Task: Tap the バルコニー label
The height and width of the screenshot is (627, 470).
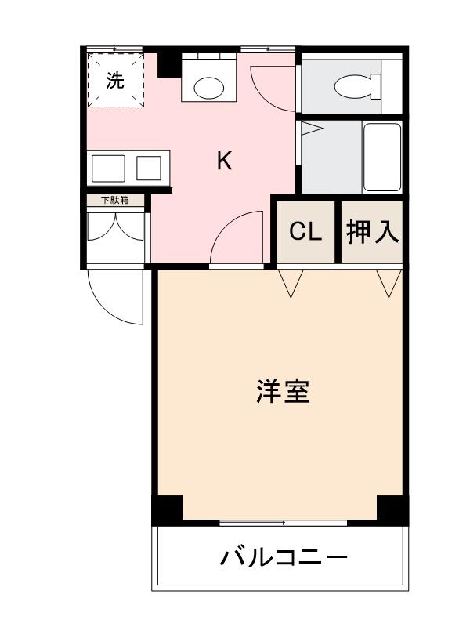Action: tap(283, 558)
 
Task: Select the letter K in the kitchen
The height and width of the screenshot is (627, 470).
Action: tap(224, 161)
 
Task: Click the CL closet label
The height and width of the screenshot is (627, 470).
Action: tap(305, 232)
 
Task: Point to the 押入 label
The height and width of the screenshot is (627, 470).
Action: tap(373, 232)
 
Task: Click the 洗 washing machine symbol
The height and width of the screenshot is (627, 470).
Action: tap(115, 80)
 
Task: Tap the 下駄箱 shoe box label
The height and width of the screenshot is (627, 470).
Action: tap(115, 201)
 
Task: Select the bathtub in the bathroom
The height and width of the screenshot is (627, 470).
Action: tap(382, 157)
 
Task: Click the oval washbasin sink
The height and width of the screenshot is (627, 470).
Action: tap(209, 86)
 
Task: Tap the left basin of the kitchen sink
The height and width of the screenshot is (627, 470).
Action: tap(108, 168)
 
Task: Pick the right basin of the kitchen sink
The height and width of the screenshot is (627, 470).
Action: tap(149, 168)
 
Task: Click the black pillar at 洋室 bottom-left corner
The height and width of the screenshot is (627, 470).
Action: tap(167, 510)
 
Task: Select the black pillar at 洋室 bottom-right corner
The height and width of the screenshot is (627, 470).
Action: tap(392, 510)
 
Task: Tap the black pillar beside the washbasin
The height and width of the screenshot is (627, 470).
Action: tap(168, 63)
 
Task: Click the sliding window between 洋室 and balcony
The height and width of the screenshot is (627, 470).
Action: tap(283, 522)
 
